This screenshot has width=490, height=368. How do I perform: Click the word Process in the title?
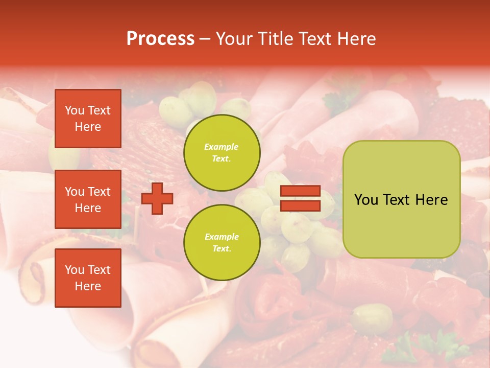point(160,39)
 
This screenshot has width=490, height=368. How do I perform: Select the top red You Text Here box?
point(88,119)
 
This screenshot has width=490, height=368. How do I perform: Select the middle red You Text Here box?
point(88,199)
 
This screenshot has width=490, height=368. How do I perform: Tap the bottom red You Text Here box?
point(88,278)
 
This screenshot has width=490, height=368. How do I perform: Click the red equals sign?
point(300,199)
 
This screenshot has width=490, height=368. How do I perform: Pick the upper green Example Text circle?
point(222,152)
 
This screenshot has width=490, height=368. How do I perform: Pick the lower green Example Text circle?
point(222,242)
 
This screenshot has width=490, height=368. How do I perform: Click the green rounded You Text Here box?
point(401,199)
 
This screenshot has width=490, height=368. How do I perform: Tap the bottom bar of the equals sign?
point(300,206)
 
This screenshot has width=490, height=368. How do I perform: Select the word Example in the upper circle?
point(222,147)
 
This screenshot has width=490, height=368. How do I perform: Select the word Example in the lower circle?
point(222,237)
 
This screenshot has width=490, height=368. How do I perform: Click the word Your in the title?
point(234,39)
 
